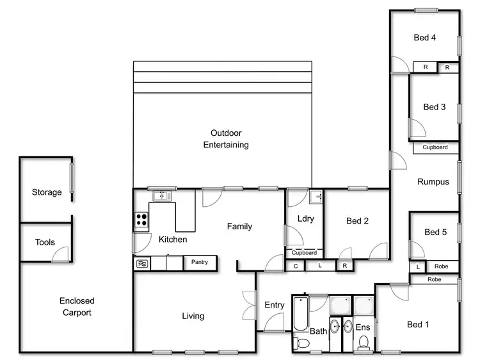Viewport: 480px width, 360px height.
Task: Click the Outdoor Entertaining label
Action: click(226, 139)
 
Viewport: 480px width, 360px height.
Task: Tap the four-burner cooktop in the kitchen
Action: click(141, 221)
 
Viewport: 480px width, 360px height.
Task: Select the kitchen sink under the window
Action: click(163, 195)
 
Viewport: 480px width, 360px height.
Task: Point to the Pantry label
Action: click(200, 262)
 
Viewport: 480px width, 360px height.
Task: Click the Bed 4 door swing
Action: click(399, 63)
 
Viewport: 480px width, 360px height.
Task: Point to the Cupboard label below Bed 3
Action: click(435, 147)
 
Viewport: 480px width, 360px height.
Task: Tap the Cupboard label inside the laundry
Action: click(304, 253)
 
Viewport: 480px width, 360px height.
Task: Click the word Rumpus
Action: click(433, 182)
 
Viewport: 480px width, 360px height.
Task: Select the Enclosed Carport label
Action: click(77, 307)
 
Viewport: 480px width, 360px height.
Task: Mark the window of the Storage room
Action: click(72, 177)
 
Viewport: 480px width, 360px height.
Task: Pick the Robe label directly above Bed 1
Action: click(434, 279)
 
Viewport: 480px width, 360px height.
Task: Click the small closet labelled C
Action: click(296, 266)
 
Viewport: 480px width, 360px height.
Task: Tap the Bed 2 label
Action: click(358, 222)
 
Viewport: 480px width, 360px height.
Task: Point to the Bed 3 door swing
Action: click(417, 130)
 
